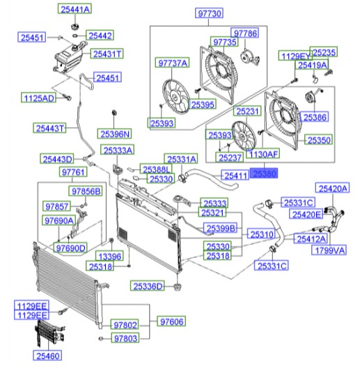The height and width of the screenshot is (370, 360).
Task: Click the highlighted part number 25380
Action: [x=264, y=173]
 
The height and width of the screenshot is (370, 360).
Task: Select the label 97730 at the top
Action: [x=210, y=13]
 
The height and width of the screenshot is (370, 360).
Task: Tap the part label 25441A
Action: [x=75, y=9]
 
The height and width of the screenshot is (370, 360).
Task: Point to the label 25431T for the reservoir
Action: [x=107, y=54]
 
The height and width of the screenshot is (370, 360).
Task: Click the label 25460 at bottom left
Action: [x=47, y=355]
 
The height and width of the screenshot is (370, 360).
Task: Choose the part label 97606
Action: [x=171, y=321]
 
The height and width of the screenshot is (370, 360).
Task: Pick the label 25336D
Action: [x=148, y=286]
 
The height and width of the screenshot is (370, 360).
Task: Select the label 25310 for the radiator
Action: [x=262, y=234]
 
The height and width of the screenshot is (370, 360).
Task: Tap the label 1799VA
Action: [x=329, y=250]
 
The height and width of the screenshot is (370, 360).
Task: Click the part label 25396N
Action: [x=115, y=134]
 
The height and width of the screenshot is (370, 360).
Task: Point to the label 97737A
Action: [x=172, y=63]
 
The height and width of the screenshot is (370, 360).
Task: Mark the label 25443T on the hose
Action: [x=49, y=128]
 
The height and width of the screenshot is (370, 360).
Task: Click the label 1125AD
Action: [x=39, y=97]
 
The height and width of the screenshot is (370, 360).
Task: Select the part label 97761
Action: [x=73, y=172]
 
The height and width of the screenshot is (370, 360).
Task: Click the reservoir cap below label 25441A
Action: [x=75, y=26]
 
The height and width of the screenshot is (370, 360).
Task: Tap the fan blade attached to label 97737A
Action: [x=175, y=96]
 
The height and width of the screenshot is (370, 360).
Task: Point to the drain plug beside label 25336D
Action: [x=177, y=287]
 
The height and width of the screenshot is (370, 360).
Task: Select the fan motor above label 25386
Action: [x=312, y=97]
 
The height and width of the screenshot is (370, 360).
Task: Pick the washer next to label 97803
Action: [x=101, y=339]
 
